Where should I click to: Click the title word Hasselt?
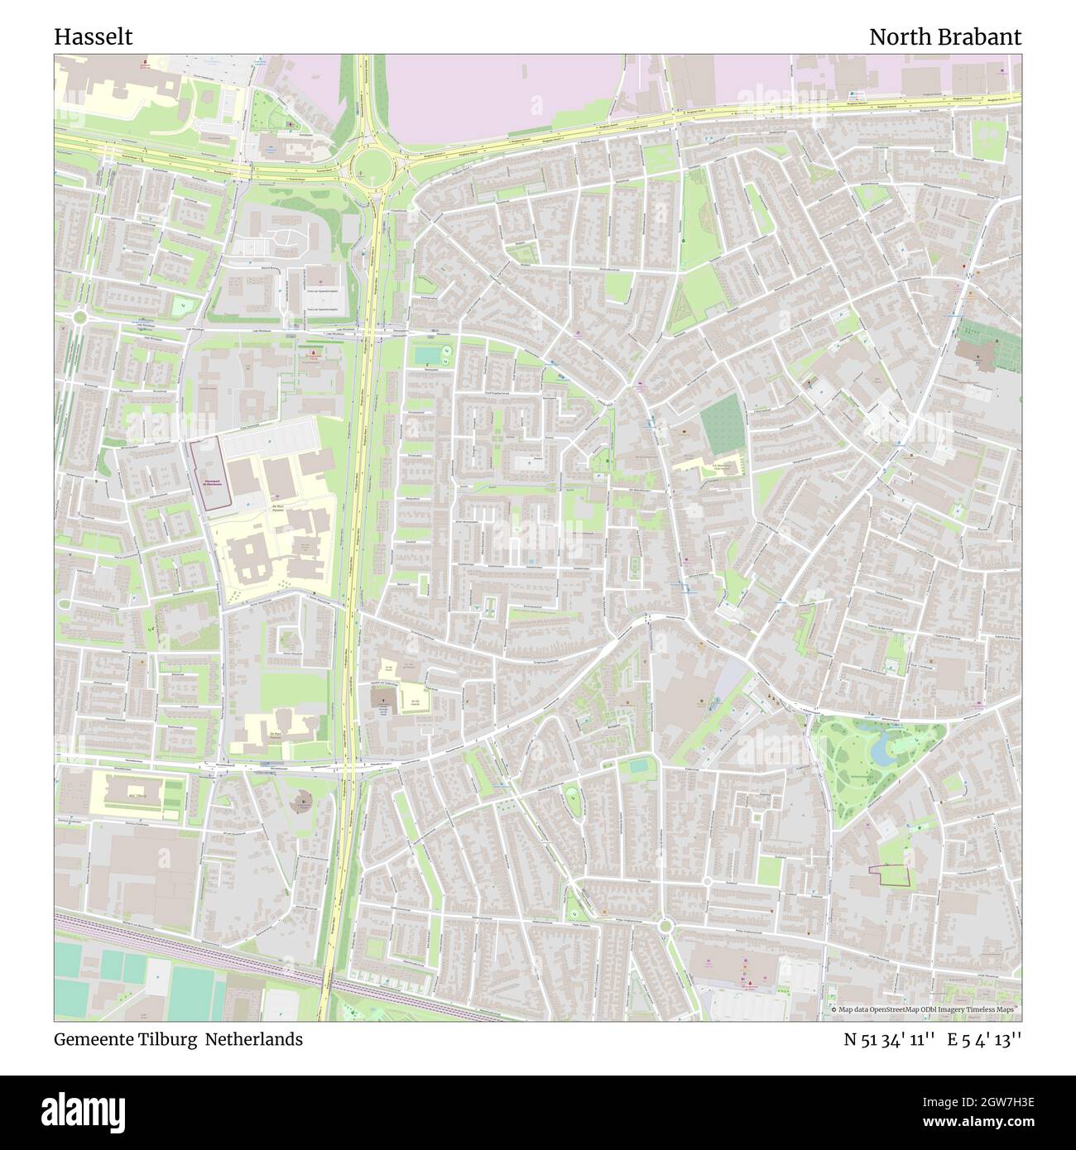tap(94, 37)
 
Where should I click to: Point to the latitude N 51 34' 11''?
tap(889, 1040)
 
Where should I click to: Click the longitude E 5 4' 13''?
tap(985, 1040)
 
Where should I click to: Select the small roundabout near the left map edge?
tap(79, 317)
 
